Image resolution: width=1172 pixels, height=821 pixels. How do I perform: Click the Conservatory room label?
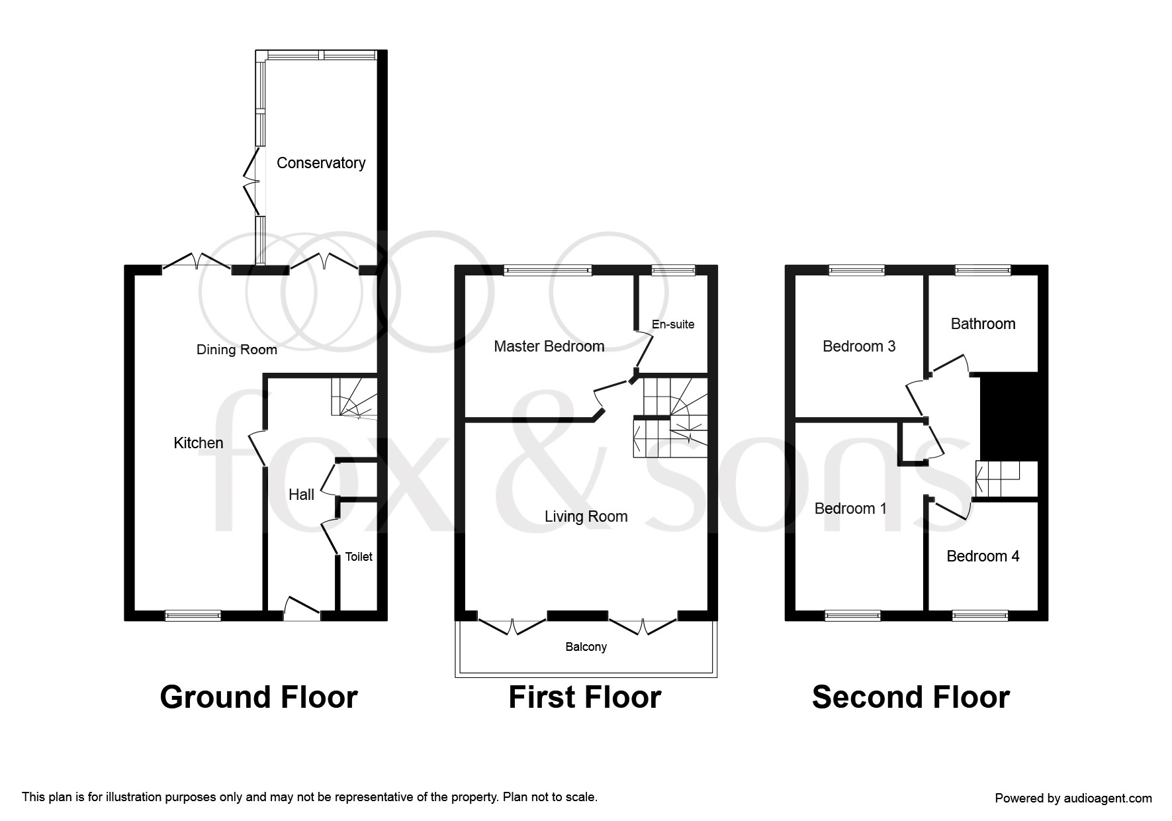(x=321, y=163)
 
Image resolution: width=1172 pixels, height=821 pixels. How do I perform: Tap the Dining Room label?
(x=237, y=350)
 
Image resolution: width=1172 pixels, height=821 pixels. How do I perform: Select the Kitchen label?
(x=199, y=443)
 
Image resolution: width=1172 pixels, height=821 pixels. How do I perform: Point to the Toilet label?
(x=359, y=557)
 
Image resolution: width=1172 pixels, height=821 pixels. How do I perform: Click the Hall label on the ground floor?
(x=301, y=495)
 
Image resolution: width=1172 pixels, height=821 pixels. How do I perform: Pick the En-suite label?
(x=673, y=324)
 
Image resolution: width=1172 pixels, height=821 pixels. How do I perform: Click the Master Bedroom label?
(x=549, y=346)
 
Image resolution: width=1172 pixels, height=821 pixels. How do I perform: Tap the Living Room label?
(x=586, y=516)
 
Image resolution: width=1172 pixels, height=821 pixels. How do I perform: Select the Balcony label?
(x=586, y=647)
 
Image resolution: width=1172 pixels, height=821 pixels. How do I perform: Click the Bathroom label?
(x=983, y=324)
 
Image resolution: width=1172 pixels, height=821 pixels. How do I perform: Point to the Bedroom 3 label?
(x=859, y=346)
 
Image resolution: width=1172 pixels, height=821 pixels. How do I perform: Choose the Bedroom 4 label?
(x=983, y=556)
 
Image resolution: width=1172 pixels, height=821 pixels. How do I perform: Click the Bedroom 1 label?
(x=850, y=508)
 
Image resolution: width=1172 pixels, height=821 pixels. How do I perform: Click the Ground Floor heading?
(x=259, y=697)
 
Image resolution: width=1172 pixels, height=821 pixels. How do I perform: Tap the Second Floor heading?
(x=911, y=697)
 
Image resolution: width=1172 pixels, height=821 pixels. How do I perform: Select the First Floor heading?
(x=585, y=697)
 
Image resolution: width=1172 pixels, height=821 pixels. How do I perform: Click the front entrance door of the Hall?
(x=302, y=609)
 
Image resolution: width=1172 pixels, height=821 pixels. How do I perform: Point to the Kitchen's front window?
(x=193, y=616)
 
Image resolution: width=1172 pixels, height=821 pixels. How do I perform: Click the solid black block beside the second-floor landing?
(x=1009, y=416)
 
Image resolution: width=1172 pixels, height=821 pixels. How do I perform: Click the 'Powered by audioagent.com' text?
(x=1073, y=798)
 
